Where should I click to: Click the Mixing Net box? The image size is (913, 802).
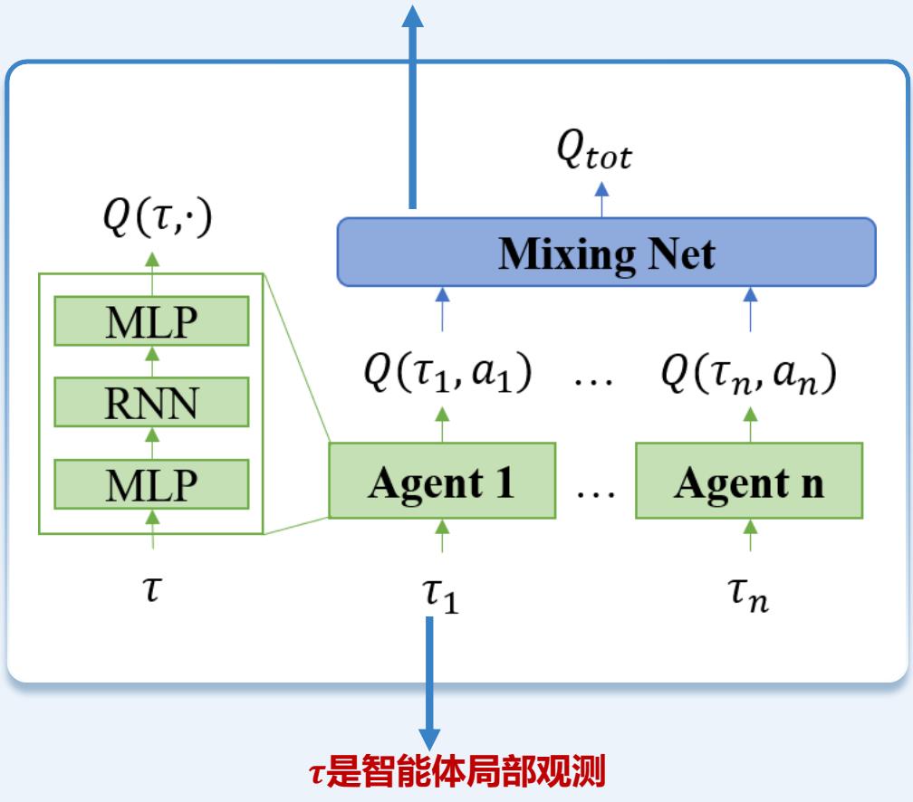tap(606, 252)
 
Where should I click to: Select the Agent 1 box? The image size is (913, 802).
tap(441, 481)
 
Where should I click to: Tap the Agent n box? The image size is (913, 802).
tap(748, 481)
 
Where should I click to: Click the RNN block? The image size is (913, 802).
tap(151, 402)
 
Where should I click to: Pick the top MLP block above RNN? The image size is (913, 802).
tap(151, 320)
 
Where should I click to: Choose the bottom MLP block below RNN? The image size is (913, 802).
tap(151, 483)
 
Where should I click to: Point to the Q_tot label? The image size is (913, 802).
tap(594, 154)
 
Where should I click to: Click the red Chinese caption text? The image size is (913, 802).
tap(456, 774)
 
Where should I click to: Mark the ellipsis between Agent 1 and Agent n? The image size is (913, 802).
tap(595, 489)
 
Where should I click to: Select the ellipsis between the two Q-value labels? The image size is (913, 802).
tap(595, 380)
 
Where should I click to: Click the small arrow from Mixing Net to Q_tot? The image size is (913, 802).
tap(602, 199)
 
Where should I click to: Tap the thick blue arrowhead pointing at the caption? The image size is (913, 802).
tap(430, 739)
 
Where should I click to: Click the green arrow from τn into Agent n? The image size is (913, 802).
tap(749, 534)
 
